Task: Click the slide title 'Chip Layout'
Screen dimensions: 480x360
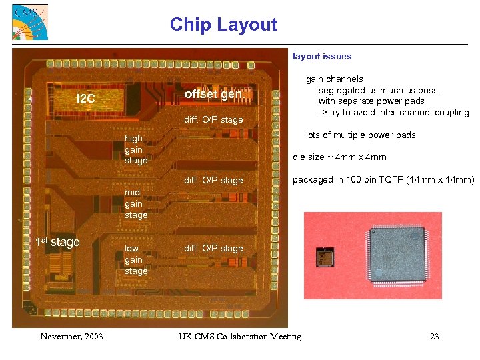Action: click(223, 25)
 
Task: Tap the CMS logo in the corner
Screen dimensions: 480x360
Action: click(29, 22)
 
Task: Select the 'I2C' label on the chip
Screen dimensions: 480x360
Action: click(86, 99)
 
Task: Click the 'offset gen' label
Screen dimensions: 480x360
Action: click(213, 94)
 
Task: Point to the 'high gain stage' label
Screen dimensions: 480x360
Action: click(136, 149)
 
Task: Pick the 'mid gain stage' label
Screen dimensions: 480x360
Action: click(136, 203)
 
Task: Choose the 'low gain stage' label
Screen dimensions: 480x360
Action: click(136, 260)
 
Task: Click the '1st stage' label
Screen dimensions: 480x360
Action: click(57, 242)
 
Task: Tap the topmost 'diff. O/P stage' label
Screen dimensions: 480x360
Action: click(213, 120)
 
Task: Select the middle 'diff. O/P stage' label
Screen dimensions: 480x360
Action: click(213, 181)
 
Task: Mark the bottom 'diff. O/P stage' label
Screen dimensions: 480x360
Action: click(213, 249)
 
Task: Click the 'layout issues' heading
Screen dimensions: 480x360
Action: click(322, 57)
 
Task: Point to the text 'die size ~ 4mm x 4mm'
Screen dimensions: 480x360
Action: click(339, 157)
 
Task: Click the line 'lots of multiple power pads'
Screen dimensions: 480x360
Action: click(361, 135)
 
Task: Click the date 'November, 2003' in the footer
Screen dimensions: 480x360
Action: click(71, 336)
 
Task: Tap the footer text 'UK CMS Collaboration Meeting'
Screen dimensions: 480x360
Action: click(240, 336)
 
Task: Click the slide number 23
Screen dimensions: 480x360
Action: click(435, 336)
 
